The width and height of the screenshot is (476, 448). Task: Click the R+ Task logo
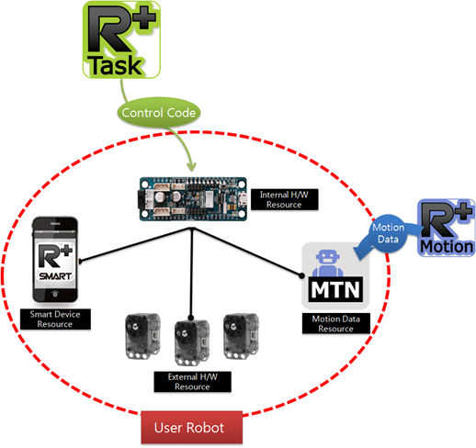(x=121, y=39)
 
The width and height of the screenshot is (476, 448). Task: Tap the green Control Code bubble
(x=159, y=113)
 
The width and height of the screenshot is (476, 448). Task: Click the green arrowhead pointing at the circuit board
(x=191, y=167)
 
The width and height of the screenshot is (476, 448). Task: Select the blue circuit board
(x=192, y=199)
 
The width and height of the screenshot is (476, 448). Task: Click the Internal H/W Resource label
(x=284, y=199)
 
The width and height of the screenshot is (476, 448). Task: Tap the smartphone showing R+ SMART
(x=55, y=260)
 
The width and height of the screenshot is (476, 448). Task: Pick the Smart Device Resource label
(x=55, y=319)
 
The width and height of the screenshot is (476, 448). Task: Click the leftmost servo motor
(x=142, y=336)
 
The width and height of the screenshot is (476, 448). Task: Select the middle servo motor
(x=192, y=342)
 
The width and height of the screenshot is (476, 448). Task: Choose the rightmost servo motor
(x=241, y=336)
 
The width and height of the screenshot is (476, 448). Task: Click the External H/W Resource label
(x=192, y=382)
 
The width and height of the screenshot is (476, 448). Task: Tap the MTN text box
(x=335, y=289)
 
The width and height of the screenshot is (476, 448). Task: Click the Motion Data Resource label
(x=336, y=323)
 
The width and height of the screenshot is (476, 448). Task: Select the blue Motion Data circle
(x=389, y=233)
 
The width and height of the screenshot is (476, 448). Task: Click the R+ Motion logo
(x=447, y=228)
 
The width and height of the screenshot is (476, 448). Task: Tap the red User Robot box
(x=192, y=428)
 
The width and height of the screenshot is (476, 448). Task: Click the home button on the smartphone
(x=55, y=295)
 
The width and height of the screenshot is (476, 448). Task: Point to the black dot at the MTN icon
(x=301, y=275)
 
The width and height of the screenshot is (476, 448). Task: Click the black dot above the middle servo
(x=191, y=318)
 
